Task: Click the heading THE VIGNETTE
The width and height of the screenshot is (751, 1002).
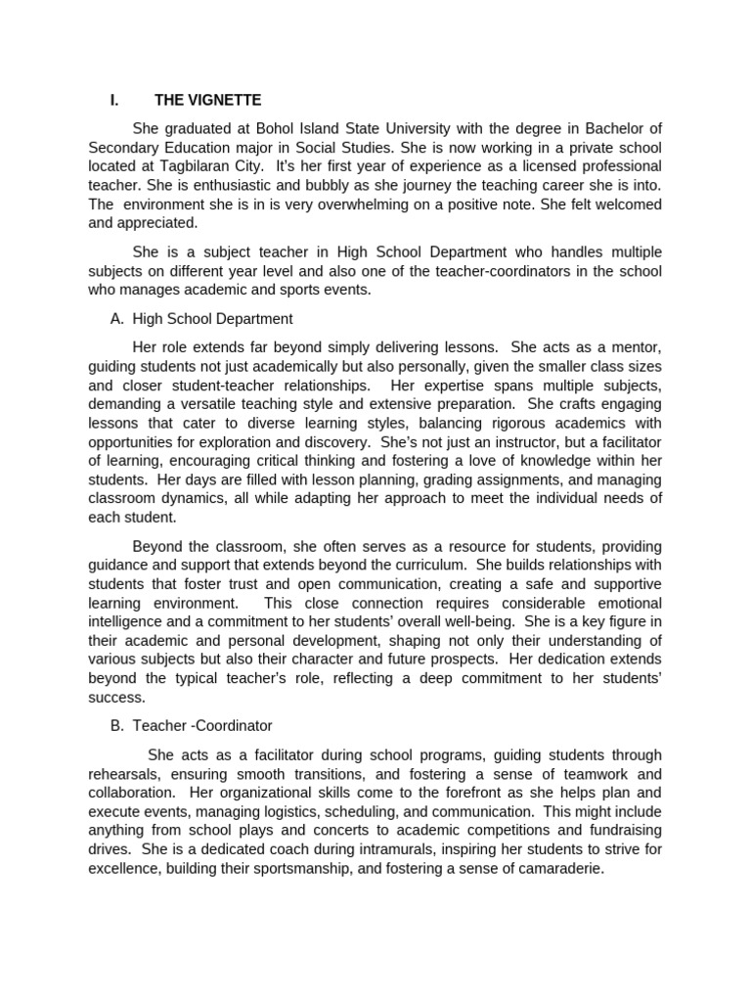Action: pos(207,100)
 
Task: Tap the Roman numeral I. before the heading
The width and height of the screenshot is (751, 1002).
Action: pos(115,100)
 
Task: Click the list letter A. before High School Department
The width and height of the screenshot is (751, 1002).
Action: pos(117,319)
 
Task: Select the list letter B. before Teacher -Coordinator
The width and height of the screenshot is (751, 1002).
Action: pos(117,726)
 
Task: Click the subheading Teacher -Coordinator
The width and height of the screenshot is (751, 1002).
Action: pos(202,726)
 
